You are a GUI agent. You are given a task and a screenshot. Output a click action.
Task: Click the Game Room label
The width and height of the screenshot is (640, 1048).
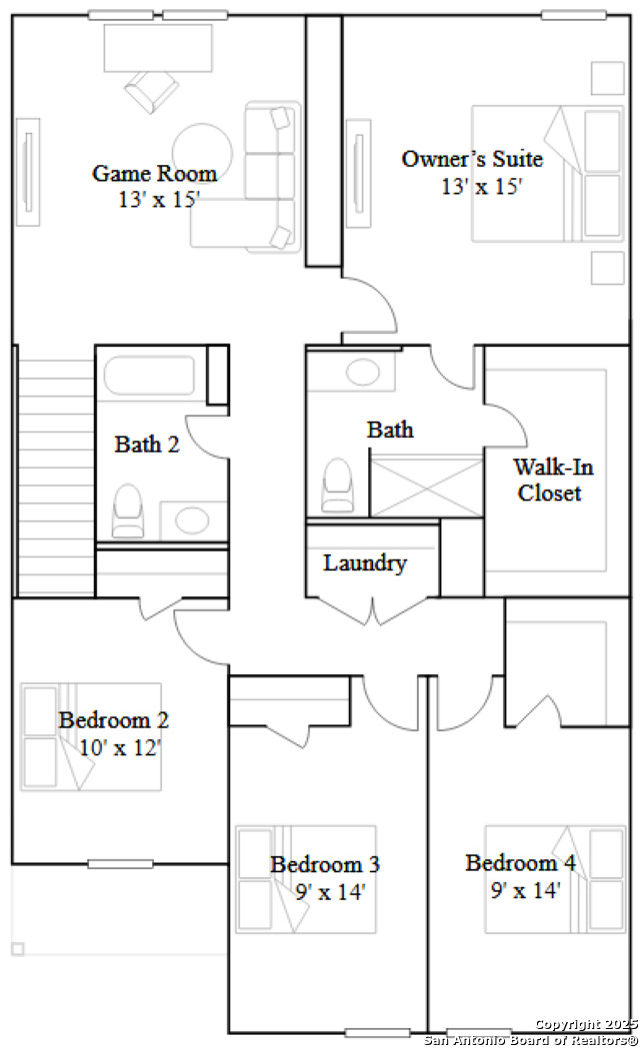[x=154, y=174]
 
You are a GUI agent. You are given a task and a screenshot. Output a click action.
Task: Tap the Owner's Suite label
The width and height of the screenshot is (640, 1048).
[x=472, y=159]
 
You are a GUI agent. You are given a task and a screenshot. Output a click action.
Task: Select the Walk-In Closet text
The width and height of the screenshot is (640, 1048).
[x=552, y=480]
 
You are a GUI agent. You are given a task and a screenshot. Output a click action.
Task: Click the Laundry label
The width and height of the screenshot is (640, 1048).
[x=364, y=562]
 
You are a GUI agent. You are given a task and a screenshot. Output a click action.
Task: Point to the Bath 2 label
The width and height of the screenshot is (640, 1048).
[x=147, y=444]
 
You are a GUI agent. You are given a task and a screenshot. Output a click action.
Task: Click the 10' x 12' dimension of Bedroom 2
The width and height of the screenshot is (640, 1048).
[x=120, y=747]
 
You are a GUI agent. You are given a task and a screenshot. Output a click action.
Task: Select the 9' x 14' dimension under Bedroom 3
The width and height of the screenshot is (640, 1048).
[x=330, y=891]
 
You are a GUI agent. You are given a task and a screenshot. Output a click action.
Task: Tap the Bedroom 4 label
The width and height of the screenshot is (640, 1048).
[x=520, y=862]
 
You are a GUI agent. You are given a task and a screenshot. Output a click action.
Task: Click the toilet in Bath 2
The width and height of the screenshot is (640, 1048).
[x=128, y=511]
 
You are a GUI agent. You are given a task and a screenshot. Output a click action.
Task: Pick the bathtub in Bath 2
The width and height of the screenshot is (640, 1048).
[x=149, y=376]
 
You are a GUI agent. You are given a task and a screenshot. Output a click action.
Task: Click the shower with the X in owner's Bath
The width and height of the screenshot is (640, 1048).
[x=427, y=486]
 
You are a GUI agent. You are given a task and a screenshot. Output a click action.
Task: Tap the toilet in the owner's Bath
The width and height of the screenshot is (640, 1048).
[x=338, y=486]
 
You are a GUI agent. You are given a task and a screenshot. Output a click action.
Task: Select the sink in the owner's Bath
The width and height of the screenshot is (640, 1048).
[x=363, y=372]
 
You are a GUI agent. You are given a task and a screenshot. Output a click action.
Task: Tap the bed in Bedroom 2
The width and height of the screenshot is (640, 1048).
[x=91, y=736]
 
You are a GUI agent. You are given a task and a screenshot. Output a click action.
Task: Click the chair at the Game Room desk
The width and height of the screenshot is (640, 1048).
[x=152, y=90]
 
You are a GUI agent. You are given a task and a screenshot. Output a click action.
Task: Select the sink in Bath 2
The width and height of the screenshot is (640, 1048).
[x=193, y=520]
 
